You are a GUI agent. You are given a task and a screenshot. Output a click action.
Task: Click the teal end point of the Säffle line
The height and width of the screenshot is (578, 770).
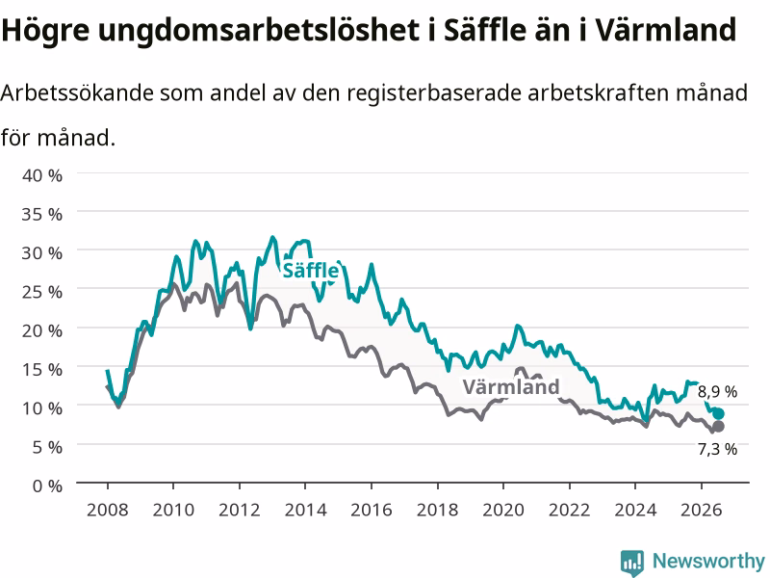tap(718, 414)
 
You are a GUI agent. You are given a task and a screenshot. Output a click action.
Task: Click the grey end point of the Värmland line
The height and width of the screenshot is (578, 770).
tap(718, 426)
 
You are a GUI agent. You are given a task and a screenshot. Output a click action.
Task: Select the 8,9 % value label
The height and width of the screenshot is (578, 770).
tap(717, 392)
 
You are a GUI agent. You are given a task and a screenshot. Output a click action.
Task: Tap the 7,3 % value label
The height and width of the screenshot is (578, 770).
tap(717, 449)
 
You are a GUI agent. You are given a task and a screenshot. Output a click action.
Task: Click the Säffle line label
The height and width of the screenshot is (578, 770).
tap(310, 271)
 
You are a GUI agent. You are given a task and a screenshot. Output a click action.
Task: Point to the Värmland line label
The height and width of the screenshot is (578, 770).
tap(511, 387)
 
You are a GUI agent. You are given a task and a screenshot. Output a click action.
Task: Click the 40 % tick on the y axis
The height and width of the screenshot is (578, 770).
tap(42, 175)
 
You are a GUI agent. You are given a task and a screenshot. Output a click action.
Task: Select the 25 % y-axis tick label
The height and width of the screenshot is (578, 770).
tap(42, 292)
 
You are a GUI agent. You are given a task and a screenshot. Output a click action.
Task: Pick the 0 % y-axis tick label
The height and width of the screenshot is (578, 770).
tap(47, 486)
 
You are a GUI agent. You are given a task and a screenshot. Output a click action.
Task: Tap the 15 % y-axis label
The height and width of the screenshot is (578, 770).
tap(42, 370)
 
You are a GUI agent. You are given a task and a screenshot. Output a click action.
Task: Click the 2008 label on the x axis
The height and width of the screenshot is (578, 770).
tap(108, 511)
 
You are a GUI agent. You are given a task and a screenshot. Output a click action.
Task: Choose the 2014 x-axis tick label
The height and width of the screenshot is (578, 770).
tap(305, 511)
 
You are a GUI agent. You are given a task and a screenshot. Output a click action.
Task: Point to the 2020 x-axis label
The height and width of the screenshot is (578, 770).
tap(503, 511)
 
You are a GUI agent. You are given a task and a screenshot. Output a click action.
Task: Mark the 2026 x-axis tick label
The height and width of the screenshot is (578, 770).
tap(702, 511)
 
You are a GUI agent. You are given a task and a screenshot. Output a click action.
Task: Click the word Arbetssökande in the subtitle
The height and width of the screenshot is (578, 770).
tap(77, 92)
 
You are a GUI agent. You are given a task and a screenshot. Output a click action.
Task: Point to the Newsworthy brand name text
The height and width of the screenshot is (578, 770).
tap(708, 561)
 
